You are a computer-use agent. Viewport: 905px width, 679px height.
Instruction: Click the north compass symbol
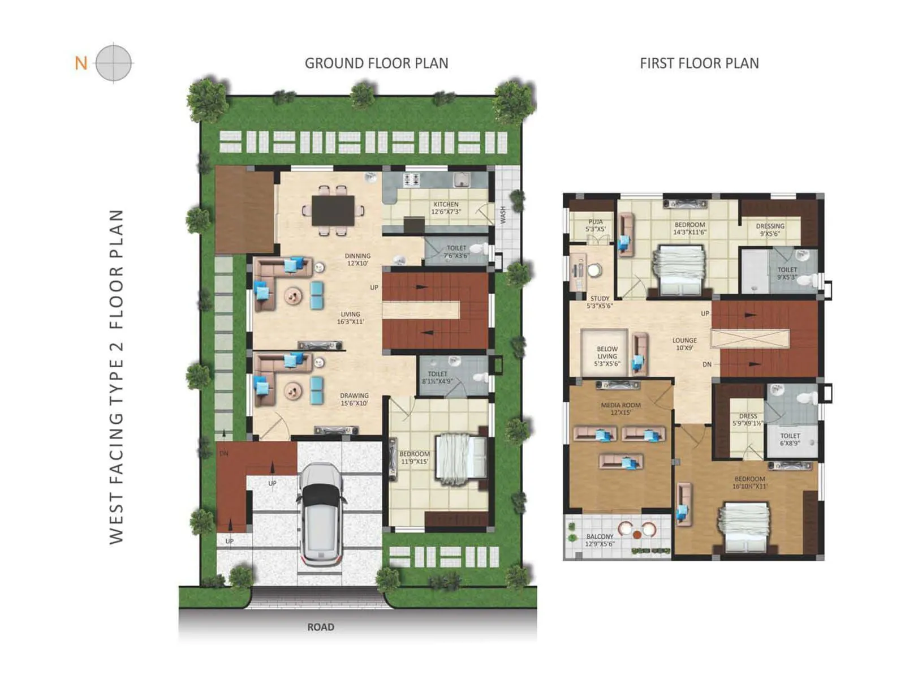114,63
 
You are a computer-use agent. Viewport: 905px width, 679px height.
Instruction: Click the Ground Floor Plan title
376,63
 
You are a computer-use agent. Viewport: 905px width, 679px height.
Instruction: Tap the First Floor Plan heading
699,63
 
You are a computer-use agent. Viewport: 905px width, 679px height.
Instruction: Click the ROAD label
321,627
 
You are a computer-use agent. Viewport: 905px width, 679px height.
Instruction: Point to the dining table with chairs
333,210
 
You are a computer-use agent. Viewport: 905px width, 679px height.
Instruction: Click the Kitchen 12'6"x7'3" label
446,208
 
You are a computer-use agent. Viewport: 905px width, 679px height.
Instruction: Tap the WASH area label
503,214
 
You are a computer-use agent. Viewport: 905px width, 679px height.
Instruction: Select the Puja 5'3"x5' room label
595,226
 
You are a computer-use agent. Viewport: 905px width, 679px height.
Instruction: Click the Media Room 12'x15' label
620,409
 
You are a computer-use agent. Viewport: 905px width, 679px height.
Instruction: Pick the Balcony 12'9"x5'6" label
600,540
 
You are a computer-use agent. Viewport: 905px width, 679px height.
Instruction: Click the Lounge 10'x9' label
684,344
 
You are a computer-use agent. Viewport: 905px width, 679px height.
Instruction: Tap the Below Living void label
607,356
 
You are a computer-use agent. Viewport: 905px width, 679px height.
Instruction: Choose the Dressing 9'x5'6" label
770,229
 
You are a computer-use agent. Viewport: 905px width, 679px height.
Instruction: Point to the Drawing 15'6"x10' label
354,399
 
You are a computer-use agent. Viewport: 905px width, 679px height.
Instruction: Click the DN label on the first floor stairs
707,364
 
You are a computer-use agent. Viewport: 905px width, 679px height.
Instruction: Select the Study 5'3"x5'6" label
600,302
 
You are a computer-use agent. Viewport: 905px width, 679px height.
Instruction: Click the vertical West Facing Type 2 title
116,376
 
